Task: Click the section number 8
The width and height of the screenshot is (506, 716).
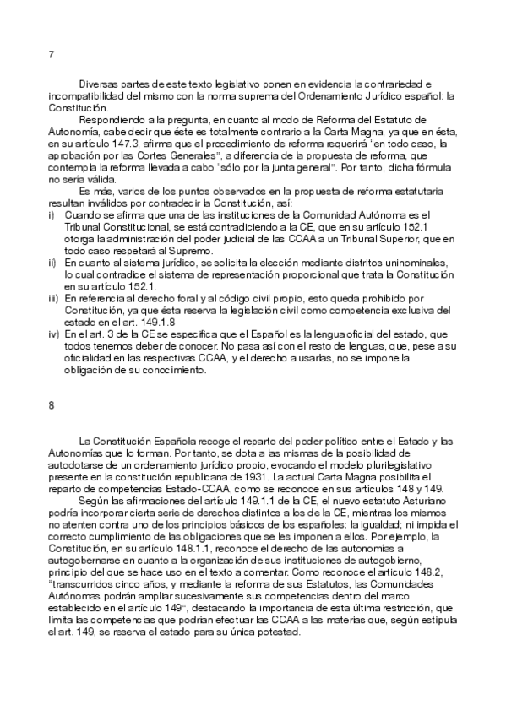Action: point(52,405)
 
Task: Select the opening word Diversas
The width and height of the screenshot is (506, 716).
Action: point(100,85)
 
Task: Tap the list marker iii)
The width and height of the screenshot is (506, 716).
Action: point(54,298)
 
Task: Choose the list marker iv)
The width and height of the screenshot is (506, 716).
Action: point(55,334)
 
